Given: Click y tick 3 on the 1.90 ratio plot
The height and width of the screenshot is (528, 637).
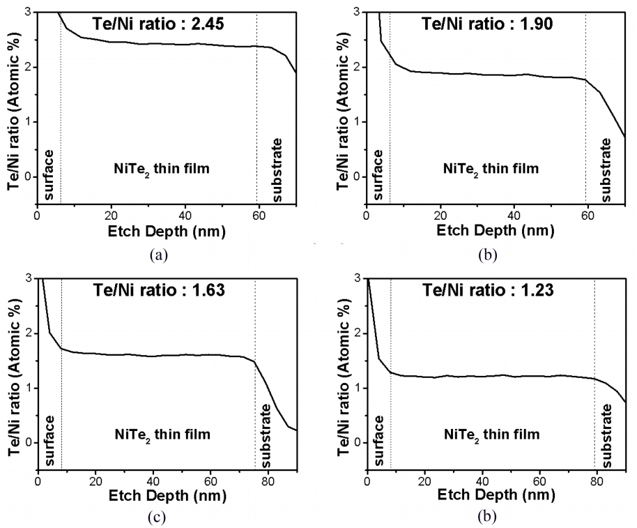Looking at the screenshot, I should click(x=357, y=12).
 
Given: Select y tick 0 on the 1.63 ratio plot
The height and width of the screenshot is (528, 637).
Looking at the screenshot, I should click(x=28, y=442).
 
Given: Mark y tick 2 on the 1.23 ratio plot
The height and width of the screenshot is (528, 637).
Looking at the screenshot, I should click(x=357, y=333).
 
